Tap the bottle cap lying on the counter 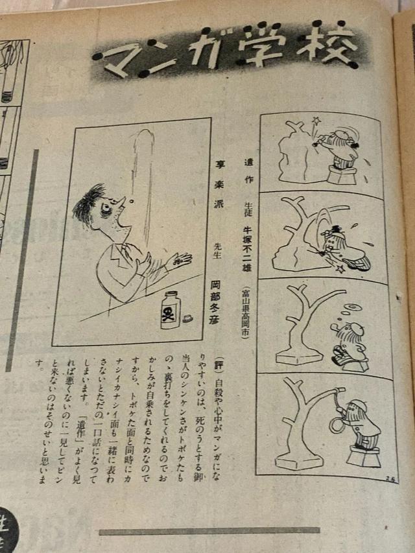point(188,318)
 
